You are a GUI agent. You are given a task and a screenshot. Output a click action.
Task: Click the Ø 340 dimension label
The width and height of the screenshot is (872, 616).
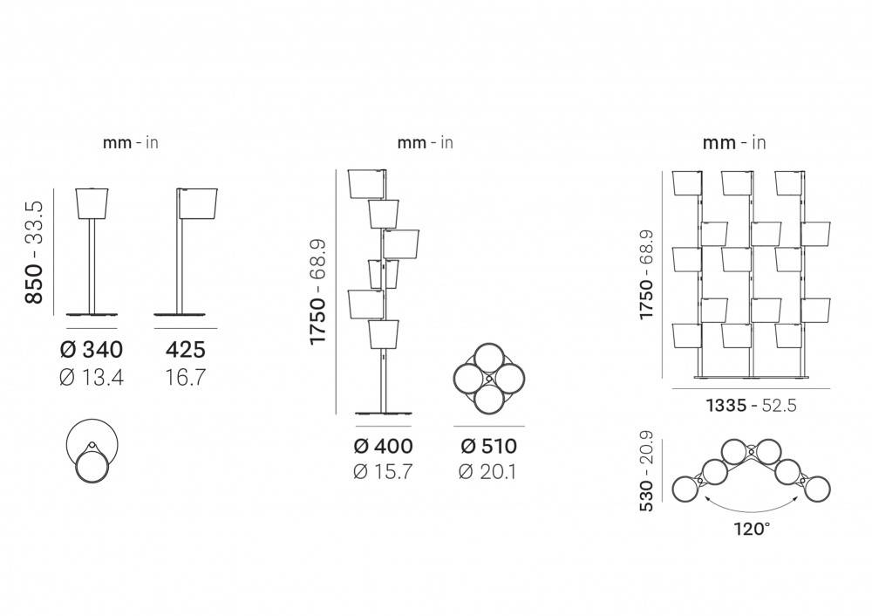pos(92,350)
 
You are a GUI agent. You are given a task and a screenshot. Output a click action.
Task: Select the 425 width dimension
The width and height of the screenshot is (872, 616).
pos(186,350)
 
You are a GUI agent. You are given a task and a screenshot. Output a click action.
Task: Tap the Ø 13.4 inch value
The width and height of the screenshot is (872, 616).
pos(92,378)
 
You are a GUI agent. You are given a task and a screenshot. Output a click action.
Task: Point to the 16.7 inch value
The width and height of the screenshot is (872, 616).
pos(186,378)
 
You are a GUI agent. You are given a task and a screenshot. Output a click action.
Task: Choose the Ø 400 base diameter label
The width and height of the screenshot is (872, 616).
pos(383,446)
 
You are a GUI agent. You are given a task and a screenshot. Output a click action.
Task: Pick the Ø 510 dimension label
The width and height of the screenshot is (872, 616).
pos(489,446)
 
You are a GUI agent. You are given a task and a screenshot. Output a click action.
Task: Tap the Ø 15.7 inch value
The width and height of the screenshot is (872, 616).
pos(383,472)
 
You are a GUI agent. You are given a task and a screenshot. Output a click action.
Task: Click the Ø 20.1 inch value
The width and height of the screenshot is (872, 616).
pos(487,472)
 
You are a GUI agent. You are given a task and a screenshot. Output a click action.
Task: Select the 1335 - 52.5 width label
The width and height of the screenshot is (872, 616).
pos(752,405)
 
